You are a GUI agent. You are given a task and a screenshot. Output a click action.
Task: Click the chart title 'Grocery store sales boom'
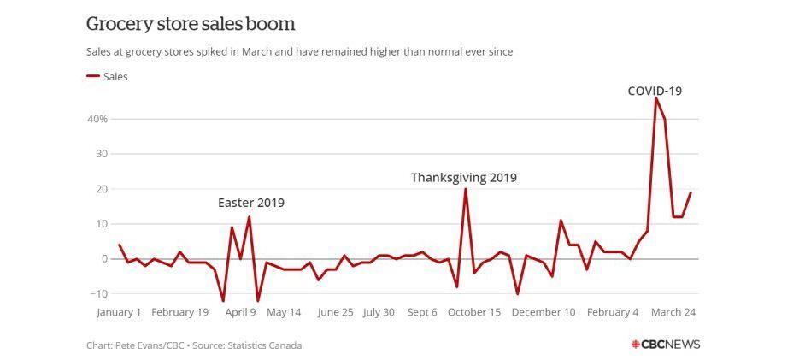pos(191,23)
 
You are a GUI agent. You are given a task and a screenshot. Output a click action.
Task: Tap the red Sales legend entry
pos(108,77)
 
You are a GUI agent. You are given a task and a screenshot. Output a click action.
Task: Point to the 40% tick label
pos(97,119)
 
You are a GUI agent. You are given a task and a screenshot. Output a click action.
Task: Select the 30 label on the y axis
pos(100,154)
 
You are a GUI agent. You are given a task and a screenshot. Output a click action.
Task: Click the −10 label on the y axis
pos(97,293)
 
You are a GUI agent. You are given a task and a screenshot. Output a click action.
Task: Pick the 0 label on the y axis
pos(103,258)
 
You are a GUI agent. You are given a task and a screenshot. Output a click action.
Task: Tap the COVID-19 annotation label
pos(655,91)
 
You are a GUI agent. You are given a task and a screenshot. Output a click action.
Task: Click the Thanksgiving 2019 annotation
pos(463,178)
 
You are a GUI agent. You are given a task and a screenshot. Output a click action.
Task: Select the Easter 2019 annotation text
pos(250,204)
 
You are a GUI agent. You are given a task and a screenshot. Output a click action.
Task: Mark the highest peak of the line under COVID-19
pos(655,98)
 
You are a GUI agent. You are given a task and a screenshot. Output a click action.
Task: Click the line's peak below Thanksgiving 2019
pos(465,189)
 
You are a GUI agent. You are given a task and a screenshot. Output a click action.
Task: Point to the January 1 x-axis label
pos(119,312)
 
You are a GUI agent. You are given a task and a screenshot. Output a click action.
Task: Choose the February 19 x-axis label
pos(179,312)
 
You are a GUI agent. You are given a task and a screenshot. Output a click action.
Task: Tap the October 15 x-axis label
pos(474,312)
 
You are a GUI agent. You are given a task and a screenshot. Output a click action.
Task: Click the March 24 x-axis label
pos(673,312)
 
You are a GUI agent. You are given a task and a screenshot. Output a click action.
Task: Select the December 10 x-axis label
pos(544,312)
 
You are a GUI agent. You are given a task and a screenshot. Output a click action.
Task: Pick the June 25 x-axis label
pos(335,312)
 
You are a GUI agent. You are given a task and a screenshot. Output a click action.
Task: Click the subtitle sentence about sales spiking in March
pos(299,52)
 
